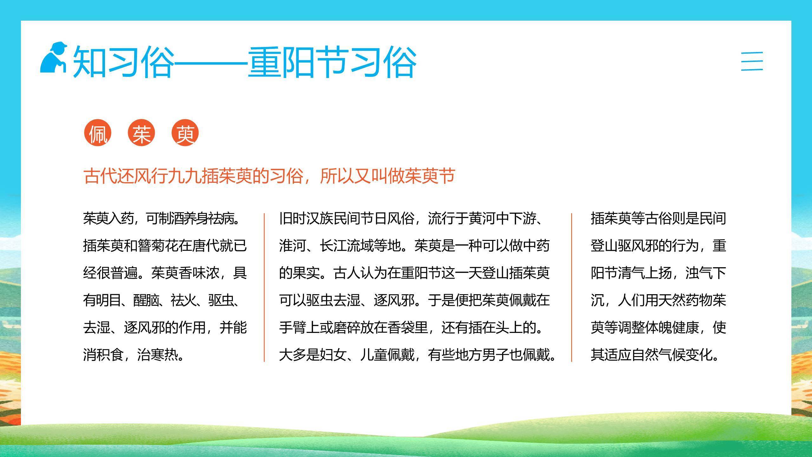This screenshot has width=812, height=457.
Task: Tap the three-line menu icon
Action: coord(752,61)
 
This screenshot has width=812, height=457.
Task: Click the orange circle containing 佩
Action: coord(98,133)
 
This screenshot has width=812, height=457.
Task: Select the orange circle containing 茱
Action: coord(141,133)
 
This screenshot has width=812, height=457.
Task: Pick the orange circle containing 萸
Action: coord(185,133)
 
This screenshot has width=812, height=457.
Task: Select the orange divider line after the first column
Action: coord(264,287)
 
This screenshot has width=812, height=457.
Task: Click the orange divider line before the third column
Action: coord(572,287)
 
